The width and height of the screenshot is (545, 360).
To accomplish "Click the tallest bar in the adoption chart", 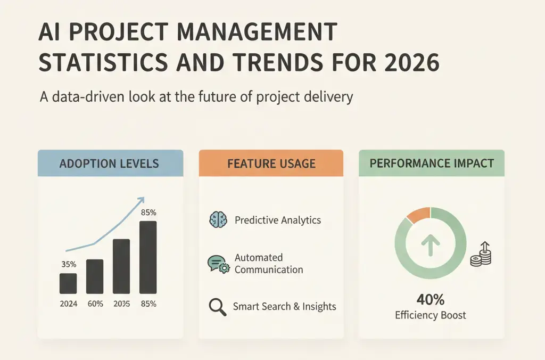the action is click(148, 257).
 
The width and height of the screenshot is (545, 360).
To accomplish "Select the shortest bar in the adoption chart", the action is click(68, 283).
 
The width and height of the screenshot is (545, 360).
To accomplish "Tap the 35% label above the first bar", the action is click(69, 264).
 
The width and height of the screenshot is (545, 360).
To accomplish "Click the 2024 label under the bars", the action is click(69, 304).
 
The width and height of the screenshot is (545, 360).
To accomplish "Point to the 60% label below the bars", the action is click(95, 304).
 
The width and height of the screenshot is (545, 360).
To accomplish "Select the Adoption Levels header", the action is click(109, 163).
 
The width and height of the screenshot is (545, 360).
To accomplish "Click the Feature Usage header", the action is click(271, 163).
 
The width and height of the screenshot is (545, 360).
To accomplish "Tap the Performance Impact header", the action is click(432, 163).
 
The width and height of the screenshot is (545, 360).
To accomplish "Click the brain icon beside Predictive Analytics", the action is click(218, 220).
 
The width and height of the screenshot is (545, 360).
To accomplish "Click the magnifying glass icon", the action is click(218, 307).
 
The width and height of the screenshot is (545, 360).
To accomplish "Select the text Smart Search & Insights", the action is click(284, 306).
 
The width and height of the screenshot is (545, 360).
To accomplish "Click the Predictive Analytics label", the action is click(278, 220).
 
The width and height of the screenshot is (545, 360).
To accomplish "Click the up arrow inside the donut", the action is click(431, 245).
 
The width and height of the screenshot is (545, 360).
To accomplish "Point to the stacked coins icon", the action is click(481, 254).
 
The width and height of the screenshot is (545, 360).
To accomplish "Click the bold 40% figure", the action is click(431, 299).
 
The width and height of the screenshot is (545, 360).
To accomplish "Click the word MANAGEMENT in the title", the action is click(257, 32).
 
